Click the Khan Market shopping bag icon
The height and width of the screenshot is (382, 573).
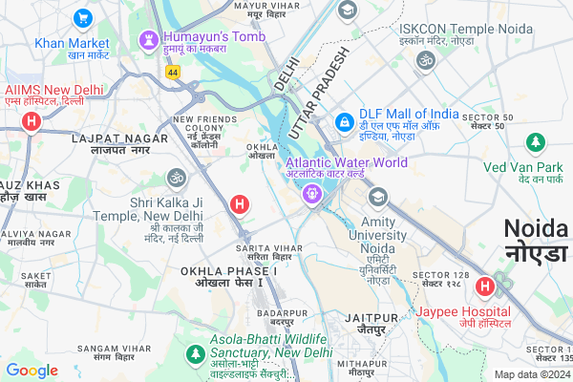[82, 17]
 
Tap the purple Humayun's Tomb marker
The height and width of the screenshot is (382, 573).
[148, 41]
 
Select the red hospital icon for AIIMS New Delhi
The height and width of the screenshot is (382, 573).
[32, 121]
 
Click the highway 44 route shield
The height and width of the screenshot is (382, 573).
[172, 72]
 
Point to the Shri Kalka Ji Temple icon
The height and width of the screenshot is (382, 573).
[175, 177]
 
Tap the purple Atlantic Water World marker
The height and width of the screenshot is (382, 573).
[311, 194]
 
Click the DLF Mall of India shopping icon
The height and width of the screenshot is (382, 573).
[344, 123]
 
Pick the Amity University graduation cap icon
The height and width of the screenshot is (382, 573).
[378, 197]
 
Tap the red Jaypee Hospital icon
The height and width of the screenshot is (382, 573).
[485, 285]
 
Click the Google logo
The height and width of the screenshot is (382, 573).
[32, 371]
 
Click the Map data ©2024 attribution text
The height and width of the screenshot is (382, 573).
[531, 374]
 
